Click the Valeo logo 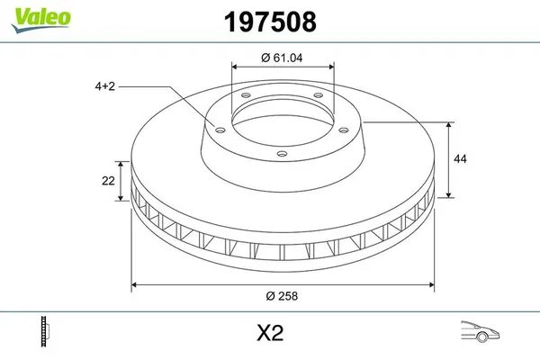tap(40, 20)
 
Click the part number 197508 tap(270, 22)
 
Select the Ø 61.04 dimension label tap(282, 58)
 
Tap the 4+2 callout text tap(104, 86)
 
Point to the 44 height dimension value tap(460, 158)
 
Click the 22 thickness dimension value tap(108, 181)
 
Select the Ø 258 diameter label tap(282, 296)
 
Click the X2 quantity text tap(270, 333)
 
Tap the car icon tap(480, 331)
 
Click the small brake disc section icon tap(45, 331)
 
